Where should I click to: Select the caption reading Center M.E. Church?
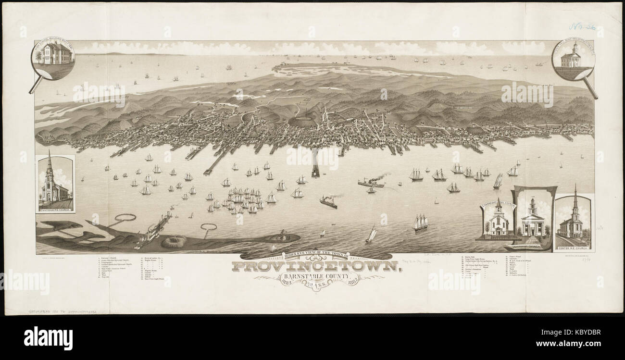pyautogui.click(x=573, y=248)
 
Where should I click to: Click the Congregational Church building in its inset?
pyautogui.click(x=499, y=221)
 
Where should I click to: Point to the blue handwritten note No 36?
pyautogui.click(x=582, y=26)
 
